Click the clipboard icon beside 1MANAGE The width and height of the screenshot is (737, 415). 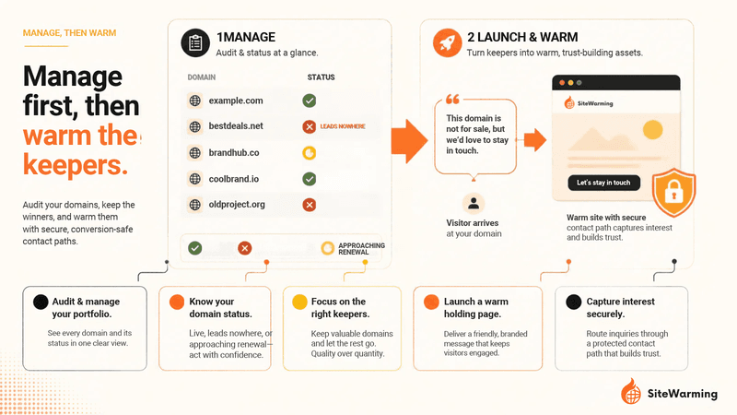195,42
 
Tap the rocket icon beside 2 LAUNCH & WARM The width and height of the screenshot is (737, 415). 447,42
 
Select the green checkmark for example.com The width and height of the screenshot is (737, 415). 309,101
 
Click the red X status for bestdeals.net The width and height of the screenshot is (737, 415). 309,126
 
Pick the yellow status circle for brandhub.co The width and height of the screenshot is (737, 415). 309,153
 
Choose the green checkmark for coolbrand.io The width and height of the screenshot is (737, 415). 309,179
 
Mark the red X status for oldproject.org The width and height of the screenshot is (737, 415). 309,205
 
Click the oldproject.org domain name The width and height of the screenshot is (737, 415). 237,205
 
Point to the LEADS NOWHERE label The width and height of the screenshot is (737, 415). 343,126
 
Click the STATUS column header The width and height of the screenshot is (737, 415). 321,77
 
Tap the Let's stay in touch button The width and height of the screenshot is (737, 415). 604,183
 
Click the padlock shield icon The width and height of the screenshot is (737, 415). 673,192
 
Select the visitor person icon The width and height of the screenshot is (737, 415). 474,203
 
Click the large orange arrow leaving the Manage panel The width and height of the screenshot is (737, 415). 409,141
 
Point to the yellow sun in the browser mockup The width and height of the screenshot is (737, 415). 652,129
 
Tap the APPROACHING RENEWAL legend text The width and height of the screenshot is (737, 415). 361,249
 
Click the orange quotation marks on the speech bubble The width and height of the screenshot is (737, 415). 452,100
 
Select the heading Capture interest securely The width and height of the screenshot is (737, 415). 620,308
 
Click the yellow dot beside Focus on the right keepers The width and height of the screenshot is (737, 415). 299,302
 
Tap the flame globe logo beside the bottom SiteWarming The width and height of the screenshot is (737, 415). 631,391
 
